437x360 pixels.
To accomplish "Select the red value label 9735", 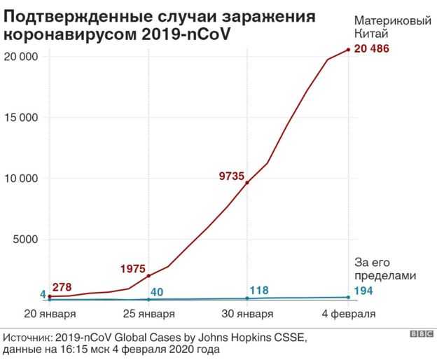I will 232,177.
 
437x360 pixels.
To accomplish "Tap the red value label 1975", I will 132,268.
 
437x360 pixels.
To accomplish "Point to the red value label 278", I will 62,286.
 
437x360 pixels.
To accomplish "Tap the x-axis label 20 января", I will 50,312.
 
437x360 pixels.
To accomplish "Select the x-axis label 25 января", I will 148,312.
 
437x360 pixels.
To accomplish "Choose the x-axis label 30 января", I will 247,312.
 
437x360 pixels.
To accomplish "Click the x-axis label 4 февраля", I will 348,312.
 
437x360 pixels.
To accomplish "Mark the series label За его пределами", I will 385,269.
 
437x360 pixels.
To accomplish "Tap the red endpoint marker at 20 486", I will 349,49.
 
